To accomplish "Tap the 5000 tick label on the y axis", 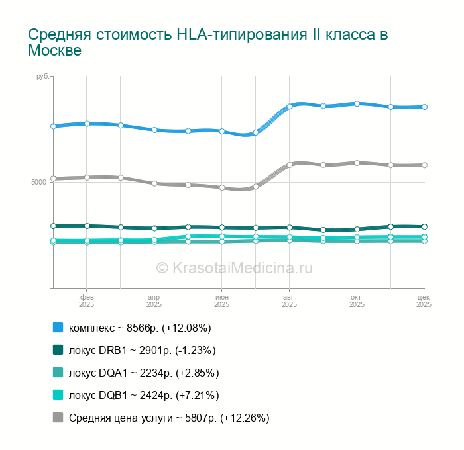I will (38, 182).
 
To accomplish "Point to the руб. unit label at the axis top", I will (42, 77).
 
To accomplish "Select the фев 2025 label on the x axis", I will (87, 301).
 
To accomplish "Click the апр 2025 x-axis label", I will (154, 301).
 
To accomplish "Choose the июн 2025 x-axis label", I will (221, 301).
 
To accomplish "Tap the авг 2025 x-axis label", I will (289, 301).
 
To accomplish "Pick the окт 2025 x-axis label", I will (357, 301).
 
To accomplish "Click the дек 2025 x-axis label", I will (424, 301).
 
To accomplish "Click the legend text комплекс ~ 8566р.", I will (140, 328).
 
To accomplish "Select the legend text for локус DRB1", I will (142, 350).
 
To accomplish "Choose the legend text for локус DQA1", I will (144, 373).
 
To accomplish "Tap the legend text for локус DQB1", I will (144, 395).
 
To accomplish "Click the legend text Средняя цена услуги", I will (169, 418).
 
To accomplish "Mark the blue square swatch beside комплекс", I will (58, 328).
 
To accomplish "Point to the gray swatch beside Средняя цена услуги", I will (58, 418).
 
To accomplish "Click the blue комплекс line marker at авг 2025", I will (290, 106).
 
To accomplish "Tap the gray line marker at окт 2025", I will (357, 163).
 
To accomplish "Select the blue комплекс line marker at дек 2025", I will (424, 107).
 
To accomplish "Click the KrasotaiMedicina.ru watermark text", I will (234, 267).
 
